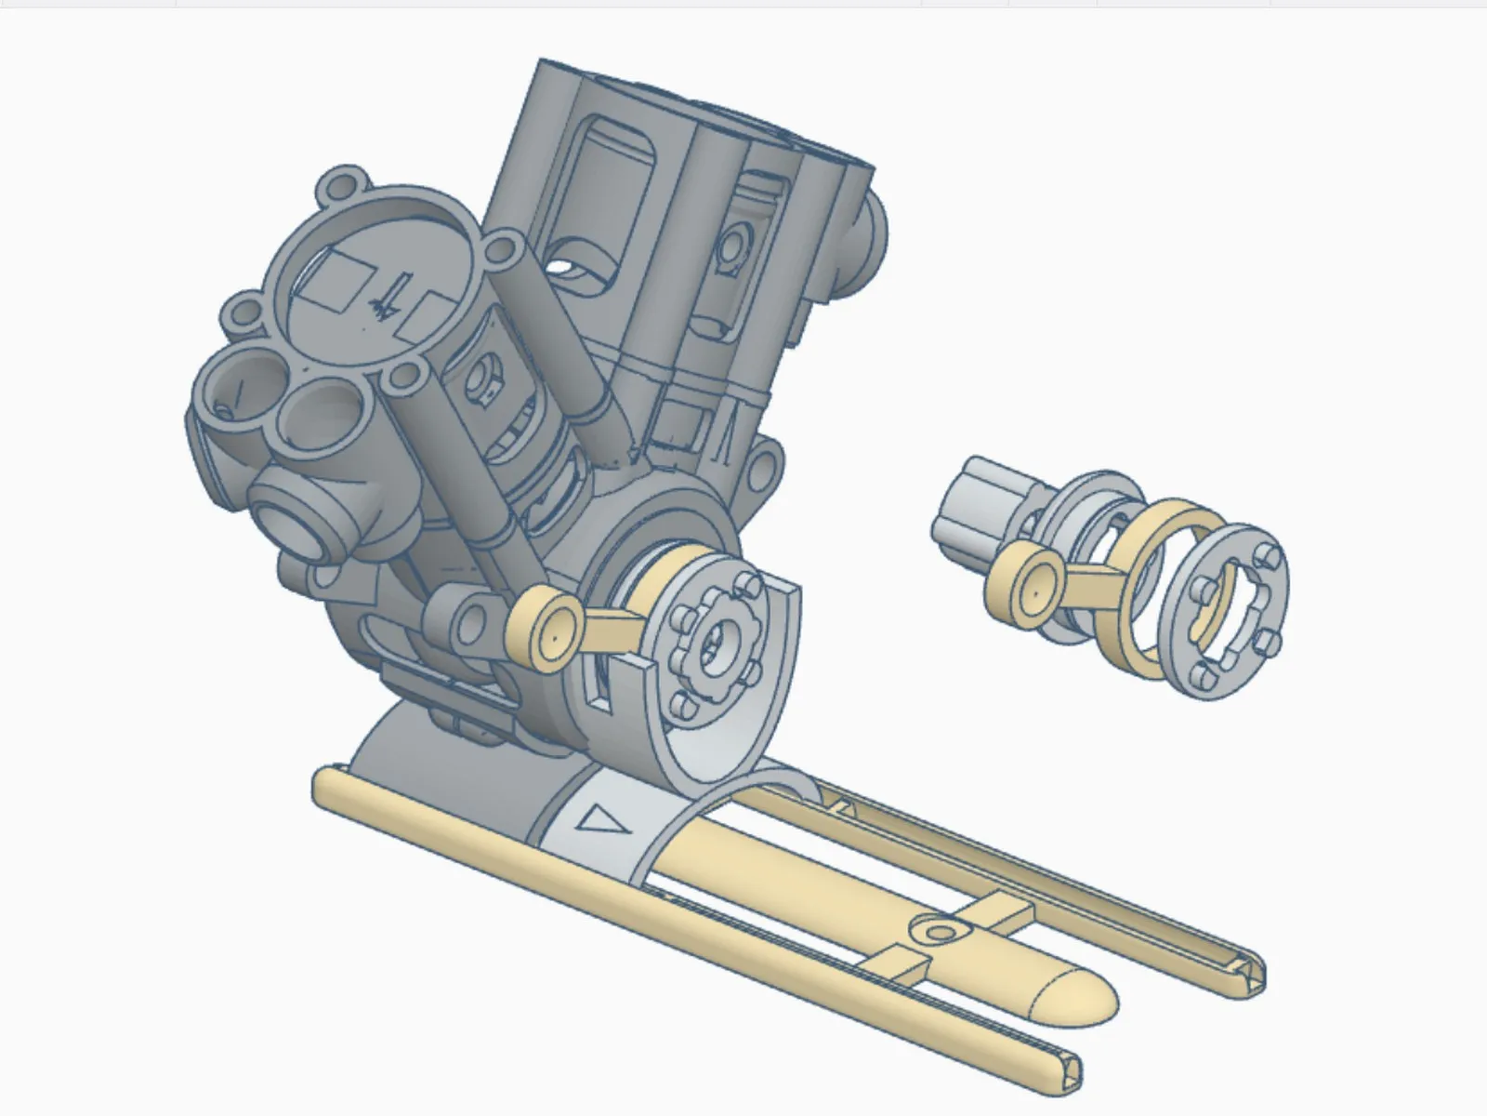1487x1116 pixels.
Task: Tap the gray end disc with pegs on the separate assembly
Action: (1230, 609)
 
